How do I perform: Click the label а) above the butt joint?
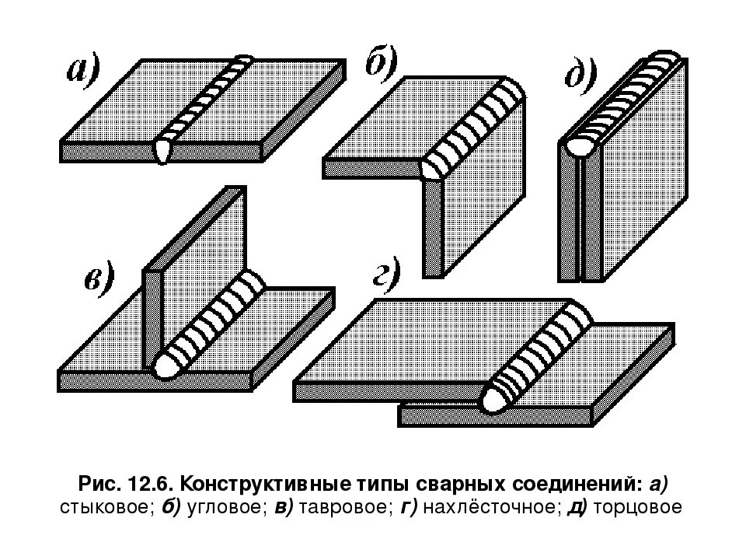(82, 72)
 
